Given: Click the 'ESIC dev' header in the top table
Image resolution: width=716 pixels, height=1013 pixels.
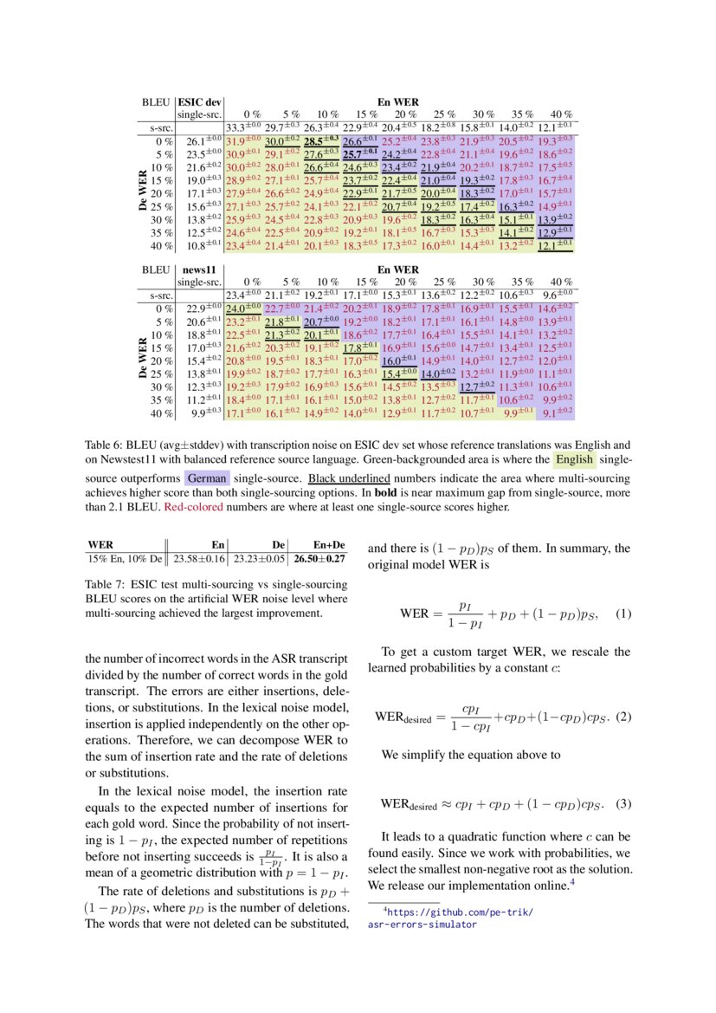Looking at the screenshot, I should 199,102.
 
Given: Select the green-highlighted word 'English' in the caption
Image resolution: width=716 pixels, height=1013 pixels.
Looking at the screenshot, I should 574,458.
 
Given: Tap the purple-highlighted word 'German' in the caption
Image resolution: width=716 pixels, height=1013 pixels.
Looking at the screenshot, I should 207,477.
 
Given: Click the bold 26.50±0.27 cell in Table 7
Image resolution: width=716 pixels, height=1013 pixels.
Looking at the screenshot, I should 319,559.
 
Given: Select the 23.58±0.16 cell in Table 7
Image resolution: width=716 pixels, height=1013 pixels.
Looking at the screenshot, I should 197,559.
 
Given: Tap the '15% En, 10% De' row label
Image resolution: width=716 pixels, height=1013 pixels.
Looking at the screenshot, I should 125,559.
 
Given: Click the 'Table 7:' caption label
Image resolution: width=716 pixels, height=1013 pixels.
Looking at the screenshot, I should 105,584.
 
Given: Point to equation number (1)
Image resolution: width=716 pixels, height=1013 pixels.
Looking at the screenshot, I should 622,614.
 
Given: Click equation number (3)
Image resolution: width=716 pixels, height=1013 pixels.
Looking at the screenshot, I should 622,803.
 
